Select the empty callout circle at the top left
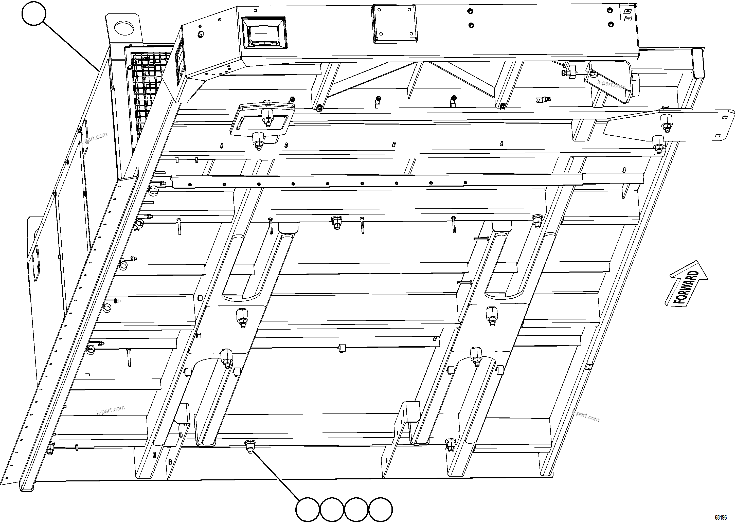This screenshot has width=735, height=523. [34, 13]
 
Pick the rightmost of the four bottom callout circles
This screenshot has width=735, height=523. [380, 510]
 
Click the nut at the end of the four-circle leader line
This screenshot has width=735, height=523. [249, 447]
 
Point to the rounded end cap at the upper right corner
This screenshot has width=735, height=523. [698, 63]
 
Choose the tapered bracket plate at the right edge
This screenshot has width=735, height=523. [670, 125]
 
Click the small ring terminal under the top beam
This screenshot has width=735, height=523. [541, 100]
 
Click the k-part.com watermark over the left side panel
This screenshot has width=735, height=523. [94, 138]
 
